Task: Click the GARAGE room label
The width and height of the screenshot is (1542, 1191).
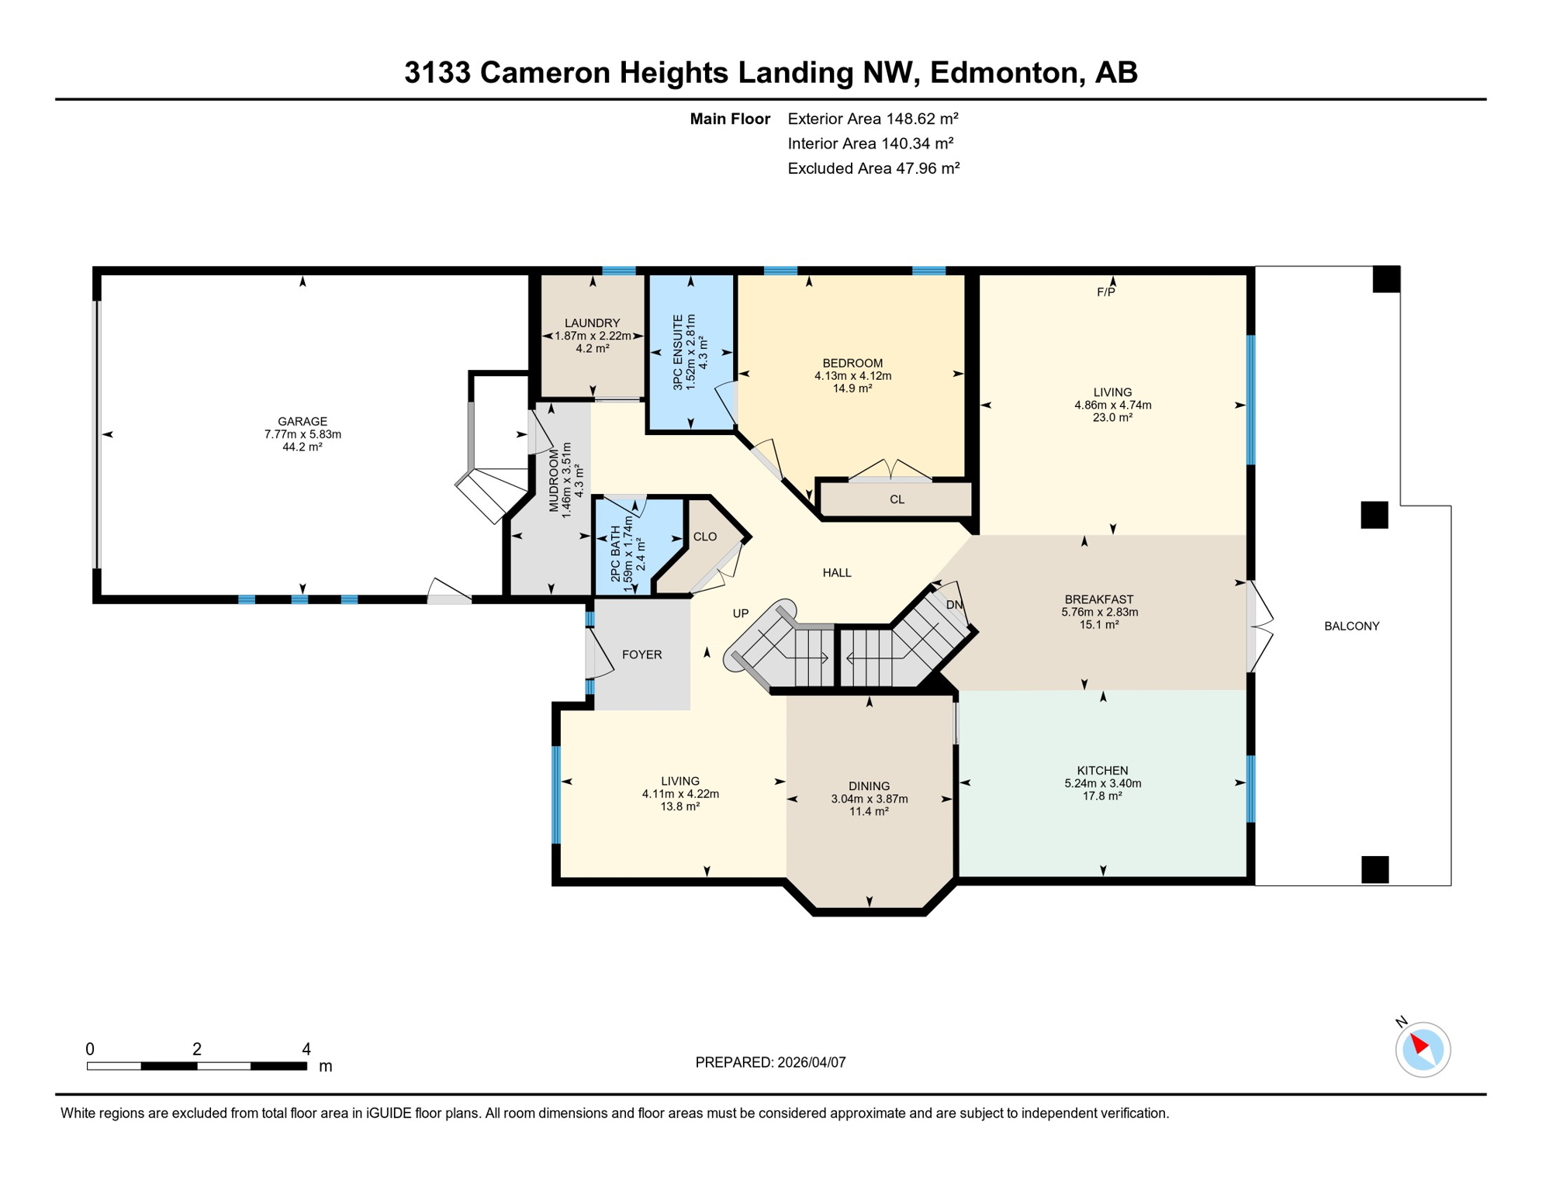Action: (x=303, y=422)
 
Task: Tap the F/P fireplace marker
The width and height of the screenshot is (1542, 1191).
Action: (x=1105, y=292)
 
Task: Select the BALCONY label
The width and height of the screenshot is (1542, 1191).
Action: (x=1351, y=627)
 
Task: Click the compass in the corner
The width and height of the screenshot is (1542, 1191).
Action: (x=1423, y=1050)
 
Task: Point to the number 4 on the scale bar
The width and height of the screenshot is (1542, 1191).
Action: (x=306, y=1049)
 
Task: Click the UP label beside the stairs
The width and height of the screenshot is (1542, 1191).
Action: (x=741, y=613)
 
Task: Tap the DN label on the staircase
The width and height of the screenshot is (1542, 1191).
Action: (x=954, y=605)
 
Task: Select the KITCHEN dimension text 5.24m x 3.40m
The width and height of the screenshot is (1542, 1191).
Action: (x=1102, y=783)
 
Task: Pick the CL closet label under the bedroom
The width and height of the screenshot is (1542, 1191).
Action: (x=897, y=499)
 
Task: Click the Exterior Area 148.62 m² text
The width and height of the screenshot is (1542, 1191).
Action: (x=873, y=119)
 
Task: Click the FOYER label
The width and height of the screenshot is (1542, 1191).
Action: (x=641, y=654)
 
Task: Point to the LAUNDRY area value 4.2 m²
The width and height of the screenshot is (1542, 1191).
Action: (x=592, y=349)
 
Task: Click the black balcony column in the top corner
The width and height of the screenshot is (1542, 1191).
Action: (x=1386, y=279)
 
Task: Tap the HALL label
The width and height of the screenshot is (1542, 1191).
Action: (x=836, y=573)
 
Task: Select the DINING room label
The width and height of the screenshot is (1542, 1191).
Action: (x=869, y=786)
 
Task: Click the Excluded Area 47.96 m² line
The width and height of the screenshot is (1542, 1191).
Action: (x=873, y=168)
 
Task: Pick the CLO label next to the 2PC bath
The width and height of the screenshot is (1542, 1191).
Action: (x=704, y=537)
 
